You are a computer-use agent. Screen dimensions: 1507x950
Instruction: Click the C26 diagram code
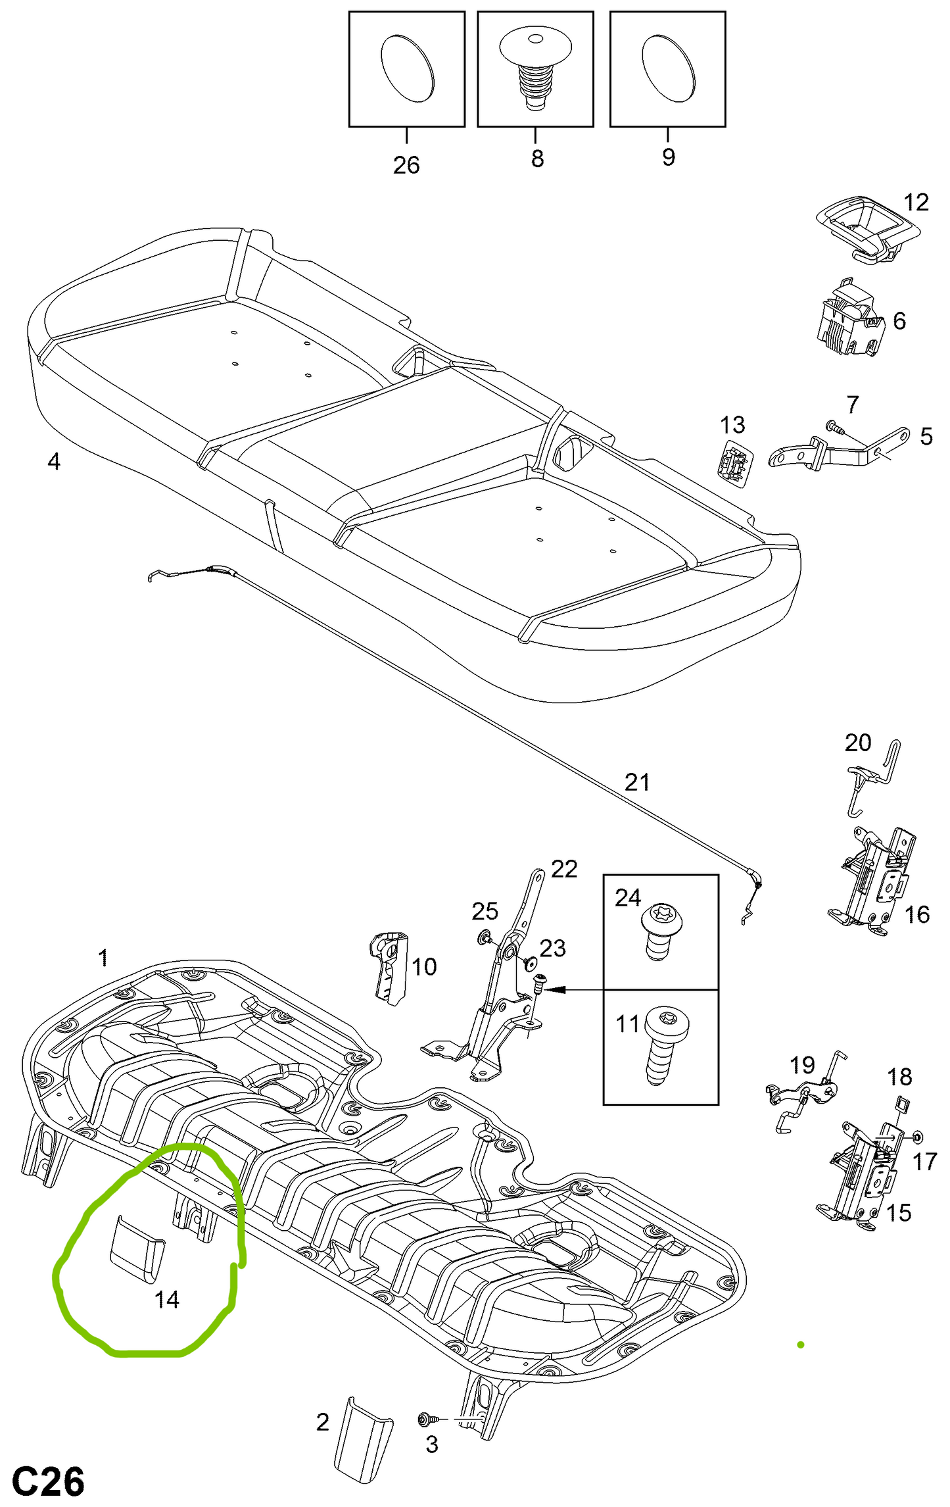pos(48,1483)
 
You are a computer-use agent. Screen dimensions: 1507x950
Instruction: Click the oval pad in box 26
pos(408,68)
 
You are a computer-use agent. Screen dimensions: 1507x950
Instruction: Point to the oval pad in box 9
pos(668,68)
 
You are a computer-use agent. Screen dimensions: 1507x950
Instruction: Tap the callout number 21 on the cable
pos(637,782)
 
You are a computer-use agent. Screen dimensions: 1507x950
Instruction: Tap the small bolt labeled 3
pos(425,1420)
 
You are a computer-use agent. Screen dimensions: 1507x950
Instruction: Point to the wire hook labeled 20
pos(873,776)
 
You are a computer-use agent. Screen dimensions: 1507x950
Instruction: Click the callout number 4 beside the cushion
pos(54,461)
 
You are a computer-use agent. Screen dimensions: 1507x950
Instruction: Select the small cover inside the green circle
pos(136,1248)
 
